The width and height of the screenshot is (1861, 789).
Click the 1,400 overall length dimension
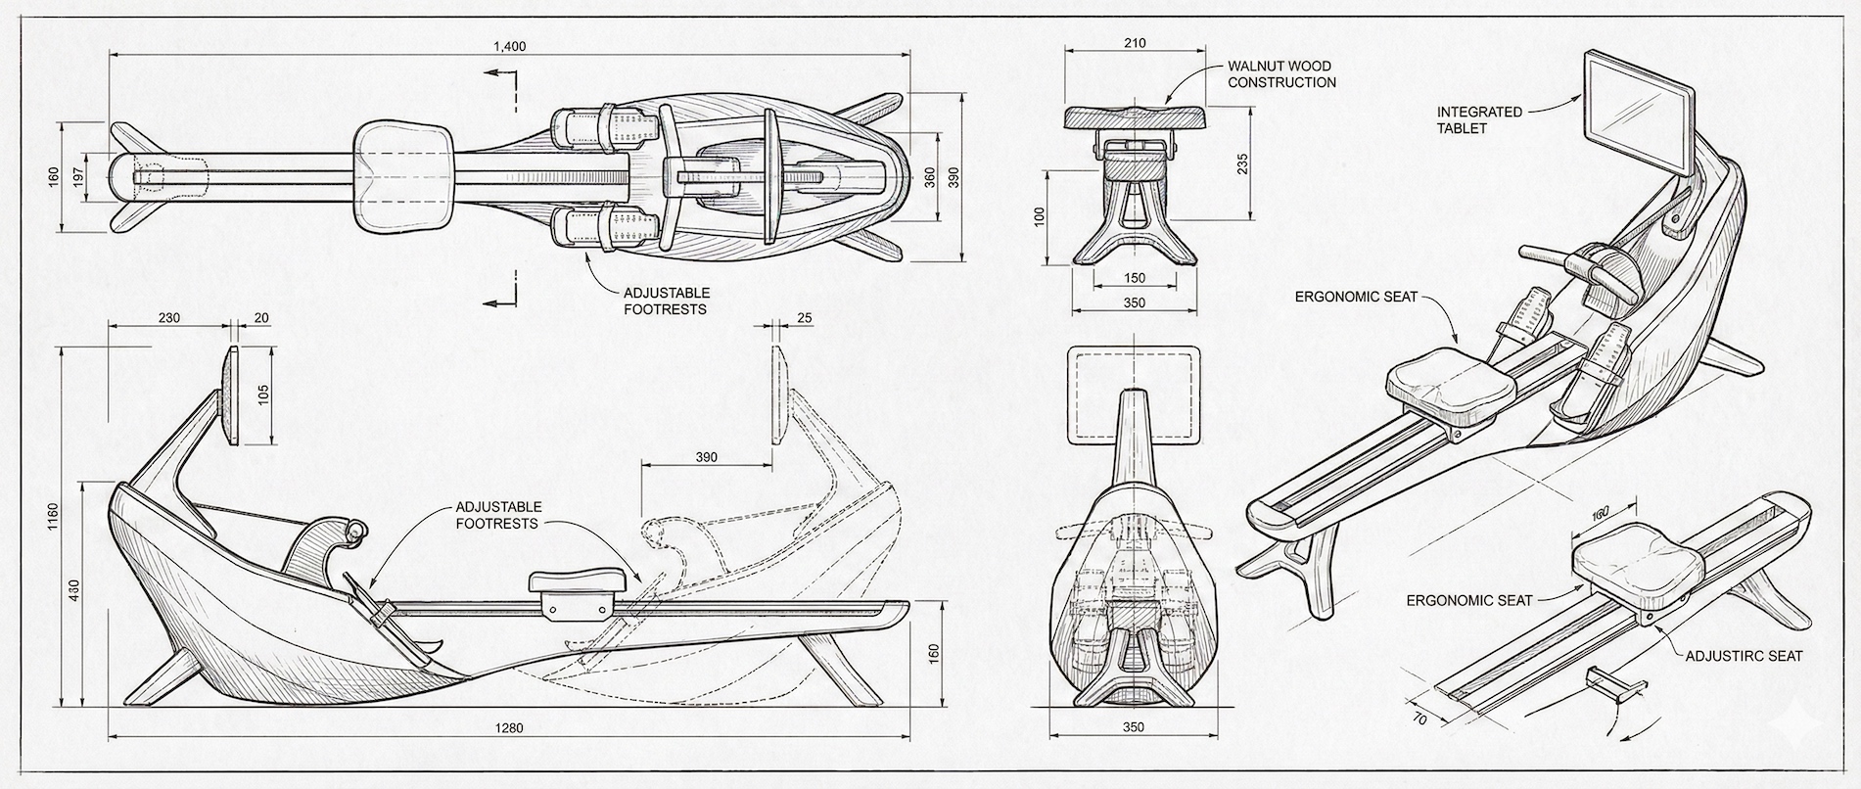click(510, 46)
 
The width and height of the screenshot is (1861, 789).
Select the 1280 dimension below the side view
click(509, 727)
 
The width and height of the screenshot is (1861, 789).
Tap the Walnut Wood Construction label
click(1280, 74)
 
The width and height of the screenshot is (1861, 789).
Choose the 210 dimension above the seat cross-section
click(1136, 43)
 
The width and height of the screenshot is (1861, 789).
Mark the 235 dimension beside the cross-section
click(1242, 163)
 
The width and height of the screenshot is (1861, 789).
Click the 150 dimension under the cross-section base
click(1134, 279)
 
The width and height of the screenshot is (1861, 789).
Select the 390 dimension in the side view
click(705, 457)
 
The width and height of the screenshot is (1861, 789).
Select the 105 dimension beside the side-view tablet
click(262, 394)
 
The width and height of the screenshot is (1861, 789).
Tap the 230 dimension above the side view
click(168, 318)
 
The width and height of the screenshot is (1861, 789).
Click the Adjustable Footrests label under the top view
click(666, 301)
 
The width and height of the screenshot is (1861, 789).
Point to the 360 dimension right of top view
click(929, 177)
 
